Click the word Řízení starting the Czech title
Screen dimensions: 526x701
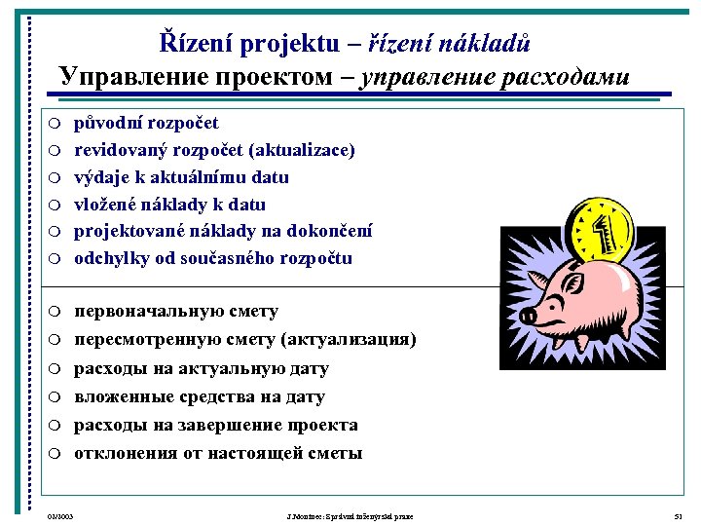coord(193,44)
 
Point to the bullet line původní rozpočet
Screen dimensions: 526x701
coord(146,123)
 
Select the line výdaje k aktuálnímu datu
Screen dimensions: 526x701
coord(181,177)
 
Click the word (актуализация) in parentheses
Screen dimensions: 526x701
coord(349,340)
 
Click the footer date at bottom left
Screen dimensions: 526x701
coord(60,515)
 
